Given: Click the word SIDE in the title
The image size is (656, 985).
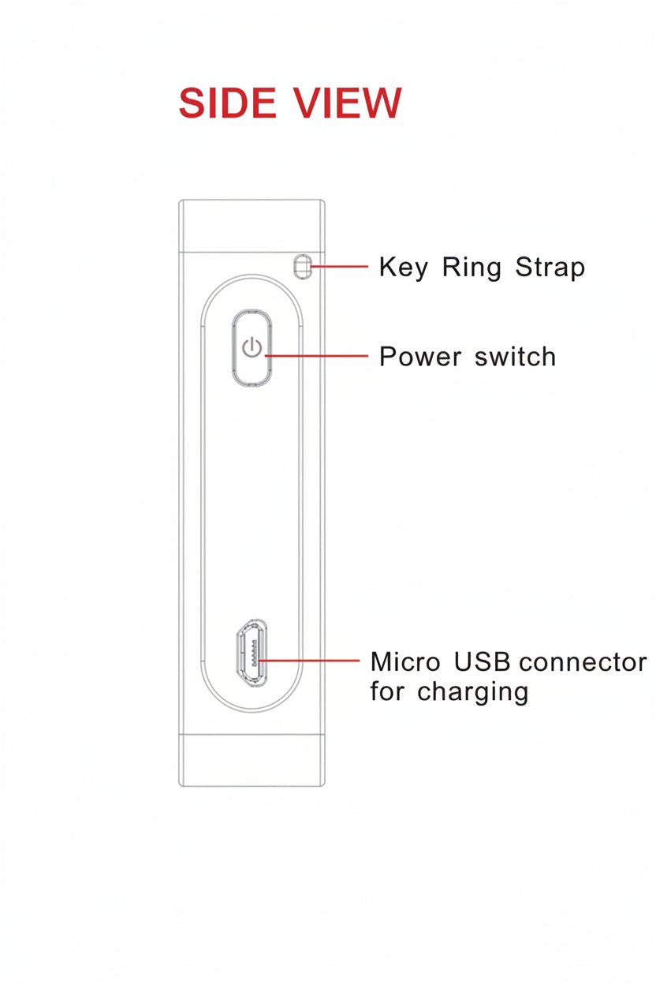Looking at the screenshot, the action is pyautogui.click(x=227, y=103).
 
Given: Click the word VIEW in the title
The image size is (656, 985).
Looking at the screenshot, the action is pyautogui.click(x=347, y=103).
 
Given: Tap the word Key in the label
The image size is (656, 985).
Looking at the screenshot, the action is pyautogui.click(x=403, y=268).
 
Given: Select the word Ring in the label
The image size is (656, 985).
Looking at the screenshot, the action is pyautogui.click(x=471, y=268).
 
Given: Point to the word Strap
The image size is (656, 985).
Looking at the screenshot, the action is pyautogui.click(x=550, y=268).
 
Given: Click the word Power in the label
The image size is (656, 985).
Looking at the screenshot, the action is pyautogui.click(x=420, y=356).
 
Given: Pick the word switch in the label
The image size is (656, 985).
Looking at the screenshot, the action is pyautogui.click(x=516, y=356).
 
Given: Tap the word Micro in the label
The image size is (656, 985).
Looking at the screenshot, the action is pyautogui.click(x=405, y=661).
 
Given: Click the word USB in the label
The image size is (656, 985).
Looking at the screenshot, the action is pyautogui.click(x=482, y=661).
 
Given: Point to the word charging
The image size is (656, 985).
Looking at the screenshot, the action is pyautogui.click(x=473, y=692).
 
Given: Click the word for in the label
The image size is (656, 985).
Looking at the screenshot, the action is pyautogui.click(x=386, y=691).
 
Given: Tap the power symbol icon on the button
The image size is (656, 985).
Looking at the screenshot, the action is pyautogui.click(x=252, y=348).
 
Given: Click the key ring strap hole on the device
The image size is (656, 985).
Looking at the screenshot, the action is pyautogui.click(x=302, y=266).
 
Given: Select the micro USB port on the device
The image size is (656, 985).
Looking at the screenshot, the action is pyautogui.click(x=252, y=653).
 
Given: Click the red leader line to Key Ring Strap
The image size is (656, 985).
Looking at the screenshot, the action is pyautogui.click(x=339, y=267).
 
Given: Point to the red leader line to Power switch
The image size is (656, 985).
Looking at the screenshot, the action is pyautogui.click(x=316, y=356).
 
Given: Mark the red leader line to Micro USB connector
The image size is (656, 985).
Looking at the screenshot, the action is pyautogui.click(x=309, y=661).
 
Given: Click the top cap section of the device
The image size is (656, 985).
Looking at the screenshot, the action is pyautogui.click(x=252, y=226).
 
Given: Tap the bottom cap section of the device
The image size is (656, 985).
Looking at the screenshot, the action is pyautogui.click(x=252, y=760).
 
